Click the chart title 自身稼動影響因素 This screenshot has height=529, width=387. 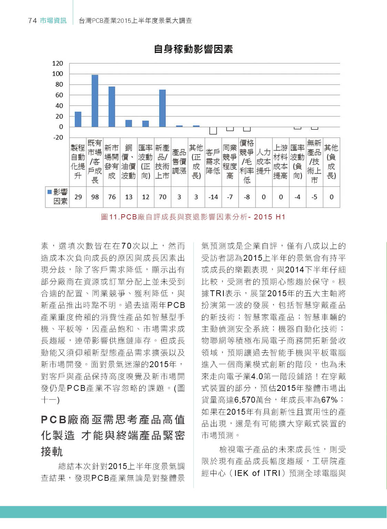tap(193, 49)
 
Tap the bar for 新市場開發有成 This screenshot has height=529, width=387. tap(112, 106)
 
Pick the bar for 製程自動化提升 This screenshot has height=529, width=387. tap(78, 119)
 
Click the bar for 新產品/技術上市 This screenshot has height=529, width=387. tap(162, 108)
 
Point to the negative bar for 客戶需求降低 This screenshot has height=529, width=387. tap(213, 131)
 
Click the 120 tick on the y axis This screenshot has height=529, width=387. tap(58, 63)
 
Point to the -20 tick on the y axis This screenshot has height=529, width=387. tap(58, 137)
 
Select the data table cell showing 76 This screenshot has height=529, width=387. tap(112, 197)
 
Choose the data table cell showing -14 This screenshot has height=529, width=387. tap(213, 197)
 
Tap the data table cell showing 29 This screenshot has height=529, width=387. tap(78, 197)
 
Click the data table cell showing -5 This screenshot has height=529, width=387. tap(314, 197)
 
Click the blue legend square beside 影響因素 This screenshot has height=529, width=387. tap(50, 192)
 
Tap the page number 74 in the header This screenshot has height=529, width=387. tap(32, 21)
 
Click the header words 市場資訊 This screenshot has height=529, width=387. tap(53, 21)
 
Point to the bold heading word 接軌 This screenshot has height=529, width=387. tap(52, 452)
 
